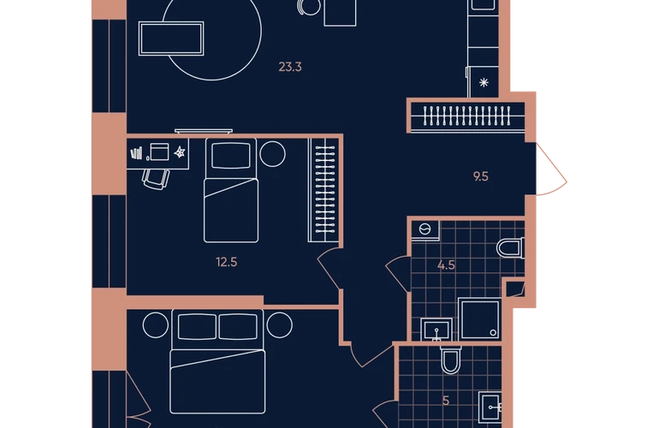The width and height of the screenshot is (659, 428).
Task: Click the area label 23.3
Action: pyautogui.click(x=290, y=67)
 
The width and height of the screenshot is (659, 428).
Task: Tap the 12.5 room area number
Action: pyautogui.click(x=227, y=262)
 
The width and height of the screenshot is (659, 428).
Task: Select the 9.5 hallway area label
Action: pyautogui.click(x=481, y=176)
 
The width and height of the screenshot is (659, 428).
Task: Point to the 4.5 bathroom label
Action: pyautogui.click(x=446, y=265)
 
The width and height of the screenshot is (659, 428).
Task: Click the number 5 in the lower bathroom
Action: pyautogui.click(x=446, y=401)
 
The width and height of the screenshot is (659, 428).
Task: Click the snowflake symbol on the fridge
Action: pyautogui.click(x=484, y=82)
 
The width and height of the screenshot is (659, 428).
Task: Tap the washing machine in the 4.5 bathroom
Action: pyautogui.click(x=424, y=230)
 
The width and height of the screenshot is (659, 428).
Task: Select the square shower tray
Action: pyautogui.click(x=479, y=319)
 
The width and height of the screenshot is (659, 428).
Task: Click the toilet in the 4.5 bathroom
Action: pyautogui.click(x=510, y=247)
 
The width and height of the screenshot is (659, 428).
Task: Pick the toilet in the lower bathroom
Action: pyautogui.click(x=450, y=360)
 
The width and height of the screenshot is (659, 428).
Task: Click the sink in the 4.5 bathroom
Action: pyautogui.click(x=436, y=330)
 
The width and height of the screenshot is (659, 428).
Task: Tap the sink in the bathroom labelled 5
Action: pyautogui.click(x=490, y=407)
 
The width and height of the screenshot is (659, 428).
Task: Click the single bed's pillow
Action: pyautogui.click(x=231, y=155)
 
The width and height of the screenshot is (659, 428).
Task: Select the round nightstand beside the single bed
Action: pyautogui.click(x=272, y=153)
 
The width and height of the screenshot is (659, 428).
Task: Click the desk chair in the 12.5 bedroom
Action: pyautogui.click(x=156, y=179)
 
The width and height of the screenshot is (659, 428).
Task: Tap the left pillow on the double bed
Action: pyautogui.click(x=197, y=326)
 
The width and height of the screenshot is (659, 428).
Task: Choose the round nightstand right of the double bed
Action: pyautogui.click(x=279, y=325)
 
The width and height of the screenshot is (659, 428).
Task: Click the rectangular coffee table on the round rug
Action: pyautogui.click(x=171, y=39)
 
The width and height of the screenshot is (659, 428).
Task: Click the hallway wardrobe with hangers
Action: pyautogui.click(x=467, y=116)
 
